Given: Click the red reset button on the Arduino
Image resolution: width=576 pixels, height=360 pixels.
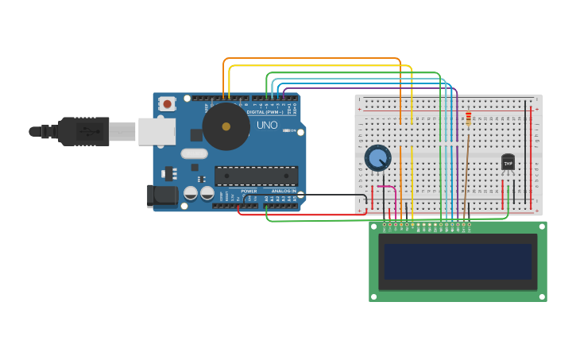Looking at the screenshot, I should tap(167, 104).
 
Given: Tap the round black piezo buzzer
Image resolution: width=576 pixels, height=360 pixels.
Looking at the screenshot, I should tap(226, 126).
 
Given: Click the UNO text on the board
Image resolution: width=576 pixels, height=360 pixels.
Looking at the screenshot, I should tap(267, 125).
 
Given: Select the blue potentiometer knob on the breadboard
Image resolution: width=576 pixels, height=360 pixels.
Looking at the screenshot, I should tap(377, 158).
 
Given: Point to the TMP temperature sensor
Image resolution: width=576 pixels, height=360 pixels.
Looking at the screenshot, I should tap(508, 162).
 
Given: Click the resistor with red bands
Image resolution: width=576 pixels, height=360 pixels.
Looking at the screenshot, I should tap(468, 119).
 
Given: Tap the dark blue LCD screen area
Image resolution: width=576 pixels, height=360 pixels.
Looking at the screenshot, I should tap(457, 261).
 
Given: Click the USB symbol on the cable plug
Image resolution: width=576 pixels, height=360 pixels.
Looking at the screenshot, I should tap(83, 131).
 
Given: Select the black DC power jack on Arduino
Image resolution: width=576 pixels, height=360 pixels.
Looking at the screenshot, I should tap(162, 195).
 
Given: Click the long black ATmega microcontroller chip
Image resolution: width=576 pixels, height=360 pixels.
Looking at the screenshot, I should tap(256, 176).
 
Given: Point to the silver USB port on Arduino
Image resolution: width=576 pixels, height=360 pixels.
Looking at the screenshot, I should tap(157, 131).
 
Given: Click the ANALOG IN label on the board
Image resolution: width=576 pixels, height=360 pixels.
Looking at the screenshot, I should tap(284, 192).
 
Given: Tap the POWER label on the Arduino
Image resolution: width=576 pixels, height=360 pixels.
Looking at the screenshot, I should tap(249, 192).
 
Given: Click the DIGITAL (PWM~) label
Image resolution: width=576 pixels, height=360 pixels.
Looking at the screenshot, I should tap(266, 112).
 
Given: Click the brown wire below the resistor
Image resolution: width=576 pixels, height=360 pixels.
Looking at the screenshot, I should tap(466, 167).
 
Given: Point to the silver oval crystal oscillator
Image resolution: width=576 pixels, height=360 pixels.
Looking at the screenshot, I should tap(194, 154).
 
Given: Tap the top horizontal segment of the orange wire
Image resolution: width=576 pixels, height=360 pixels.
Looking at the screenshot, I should tap(310, 59).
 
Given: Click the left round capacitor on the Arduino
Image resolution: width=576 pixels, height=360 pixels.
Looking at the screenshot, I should tap(191, 193).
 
